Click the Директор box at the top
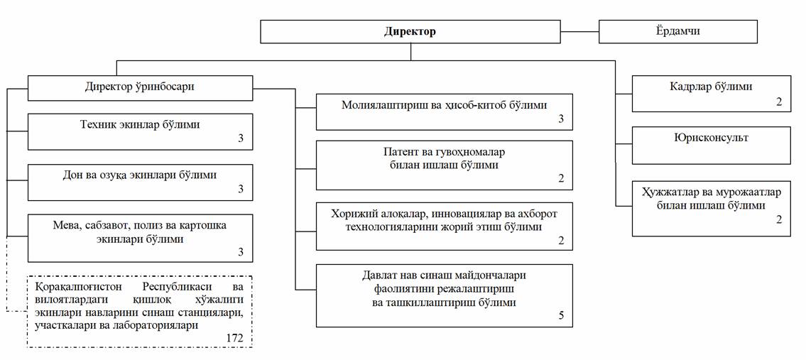click(x=410, y=31)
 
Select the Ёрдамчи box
click(x=678, y=31)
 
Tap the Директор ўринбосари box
click(x=140, y=88)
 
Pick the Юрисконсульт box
click(x=711, y=145)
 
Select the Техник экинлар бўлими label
click(x=140, y=124)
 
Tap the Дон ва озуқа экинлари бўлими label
click(x=140, y=175)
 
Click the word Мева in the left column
click(x=65, y=227)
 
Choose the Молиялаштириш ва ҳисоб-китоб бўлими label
click(x=444, y=105)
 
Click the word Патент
click(x=400, y=153)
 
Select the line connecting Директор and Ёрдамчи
click(x=580, y=31)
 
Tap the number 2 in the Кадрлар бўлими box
click(x=779, y=102)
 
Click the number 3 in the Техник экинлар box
click(x=241, y=139)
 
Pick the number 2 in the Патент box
click(x=561, y=179)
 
